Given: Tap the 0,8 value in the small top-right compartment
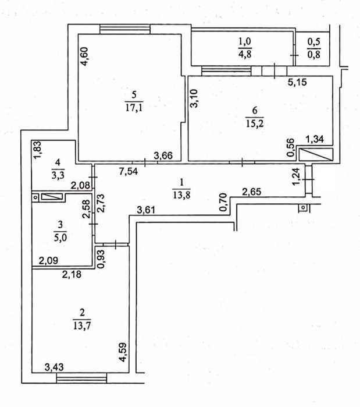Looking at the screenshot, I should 314,56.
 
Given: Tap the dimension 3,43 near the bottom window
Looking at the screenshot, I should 56,367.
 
